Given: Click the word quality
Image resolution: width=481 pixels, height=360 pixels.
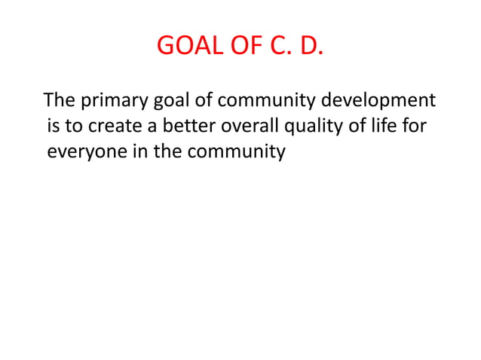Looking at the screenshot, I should point(311,127).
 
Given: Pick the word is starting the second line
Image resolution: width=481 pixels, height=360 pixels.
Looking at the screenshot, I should point(52,127).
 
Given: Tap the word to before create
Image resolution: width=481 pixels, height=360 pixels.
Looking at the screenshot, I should point(73,127).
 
